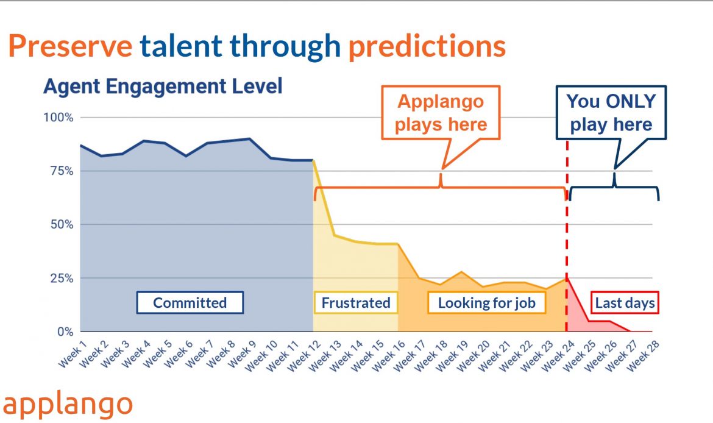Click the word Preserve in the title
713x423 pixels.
(71, 46)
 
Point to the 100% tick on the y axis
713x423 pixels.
(59, 118)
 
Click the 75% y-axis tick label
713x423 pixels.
(62, 171)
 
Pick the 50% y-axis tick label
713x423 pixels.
(62, 225)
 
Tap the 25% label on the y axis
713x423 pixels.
(62, 279)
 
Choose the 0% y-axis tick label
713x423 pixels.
(65, 332)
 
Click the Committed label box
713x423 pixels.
(190, 302)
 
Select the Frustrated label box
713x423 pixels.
(356, 302)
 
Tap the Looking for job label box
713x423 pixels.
(486, 302)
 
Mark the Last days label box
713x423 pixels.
(625, 302)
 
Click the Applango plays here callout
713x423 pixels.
(441, 112)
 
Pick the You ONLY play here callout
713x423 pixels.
(611, 112)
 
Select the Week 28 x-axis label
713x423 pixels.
(643, 356)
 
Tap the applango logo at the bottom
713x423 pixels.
(68, 404)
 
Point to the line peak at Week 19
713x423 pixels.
(461, 272)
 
